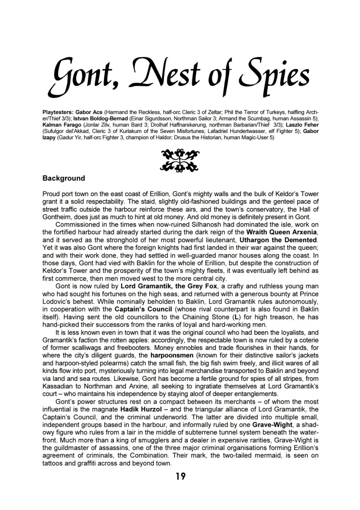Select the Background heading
coord(64,178)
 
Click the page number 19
coord(180,476)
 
